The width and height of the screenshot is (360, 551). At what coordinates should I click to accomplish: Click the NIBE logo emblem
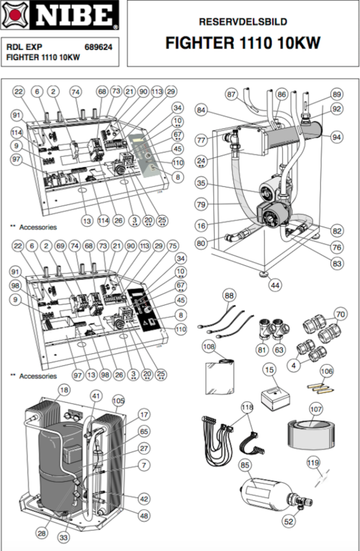pos(15,15)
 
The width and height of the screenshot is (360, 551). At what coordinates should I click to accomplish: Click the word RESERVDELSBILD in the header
pos(243,22)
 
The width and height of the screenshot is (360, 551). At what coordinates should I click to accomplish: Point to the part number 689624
pos(98,47)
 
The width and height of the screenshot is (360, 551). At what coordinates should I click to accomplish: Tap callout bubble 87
pos(231,94)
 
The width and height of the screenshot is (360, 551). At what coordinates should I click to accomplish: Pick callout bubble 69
pos(60,246)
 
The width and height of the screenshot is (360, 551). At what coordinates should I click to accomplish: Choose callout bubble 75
pos(172,246)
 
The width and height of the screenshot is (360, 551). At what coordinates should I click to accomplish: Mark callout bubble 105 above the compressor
pos(118,400)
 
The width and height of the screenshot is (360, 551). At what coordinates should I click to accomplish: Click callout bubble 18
pos(64,390)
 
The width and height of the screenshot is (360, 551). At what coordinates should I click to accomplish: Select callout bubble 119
pos(313,461)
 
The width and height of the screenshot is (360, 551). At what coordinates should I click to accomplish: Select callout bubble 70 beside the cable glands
pos(340,313)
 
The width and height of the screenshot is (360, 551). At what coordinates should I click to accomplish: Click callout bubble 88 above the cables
pos(229,295)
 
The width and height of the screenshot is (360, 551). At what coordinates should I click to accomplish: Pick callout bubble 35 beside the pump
pos(201,183)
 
